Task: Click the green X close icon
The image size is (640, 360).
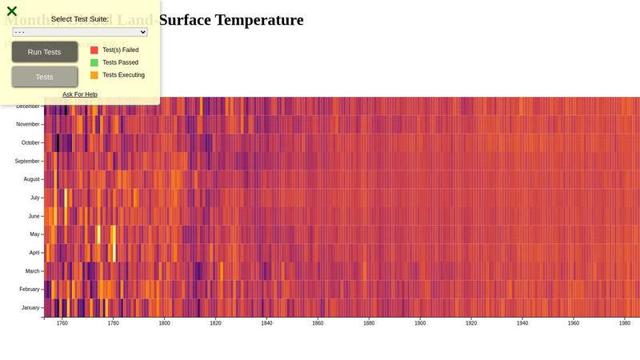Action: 12,11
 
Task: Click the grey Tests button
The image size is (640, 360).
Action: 45,77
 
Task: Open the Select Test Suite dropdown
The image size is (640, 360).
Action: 80,32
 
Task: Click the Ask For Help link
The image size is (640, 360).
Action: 80,94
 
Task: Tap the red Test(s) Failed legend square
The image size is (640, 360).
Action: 94,50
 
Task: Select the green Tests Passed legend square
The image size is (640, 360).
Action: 94,62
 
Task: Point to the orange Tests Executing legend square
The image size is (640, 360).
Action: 94,75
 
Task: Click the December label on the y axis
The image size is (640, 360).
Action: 27,106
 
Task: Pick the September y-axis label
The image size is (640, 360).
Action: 27,162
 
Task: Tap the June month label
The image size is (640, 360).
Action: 34,217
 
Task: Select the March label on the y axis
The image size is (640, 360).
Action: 32,271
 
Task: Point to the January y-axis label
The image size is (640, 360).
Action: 30,308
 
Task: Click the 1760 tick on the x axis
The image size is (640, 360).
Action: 62,324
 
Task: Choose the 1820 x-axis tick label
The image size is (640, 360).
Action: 215,324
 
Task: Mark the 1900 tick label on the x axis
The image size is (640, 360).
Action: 420,324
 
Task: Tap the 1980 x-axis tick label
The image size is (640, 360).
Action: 625,324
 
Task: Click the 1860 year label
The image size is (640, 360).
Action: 318,324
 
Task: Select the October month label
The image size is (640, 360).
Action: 30,143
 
